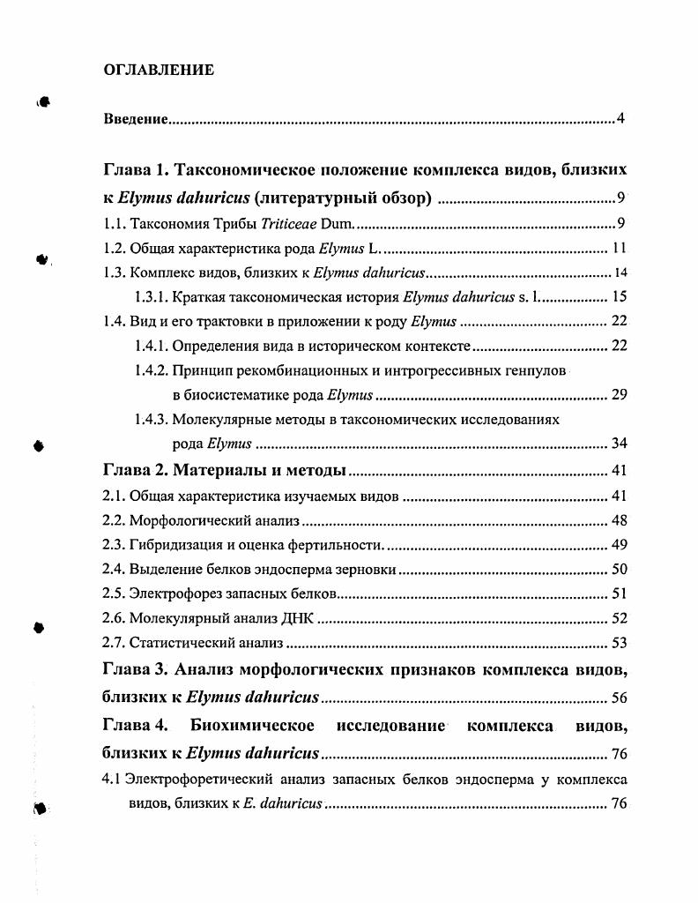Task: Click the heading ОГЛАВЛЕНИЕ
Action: pyautogui.click(x=159, y=71)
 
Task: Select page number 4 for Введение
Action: pyautogui.click(x=620, y=119)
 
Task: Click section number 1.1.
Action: pyautogui.click(x=115, y=223)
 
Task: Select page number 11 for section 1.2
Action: pyautogui.click(x=619, y=248)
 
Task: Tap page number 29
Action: pyautogui.click(x=619, y=394)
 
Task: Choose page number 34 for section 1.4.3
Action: pyautogui.click(x=619, y=443)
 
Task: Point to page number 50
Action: pyautogui.click(x=619, y=570)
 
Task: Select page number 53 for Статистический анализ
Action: pyautogui.click(x=619, y=644)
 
